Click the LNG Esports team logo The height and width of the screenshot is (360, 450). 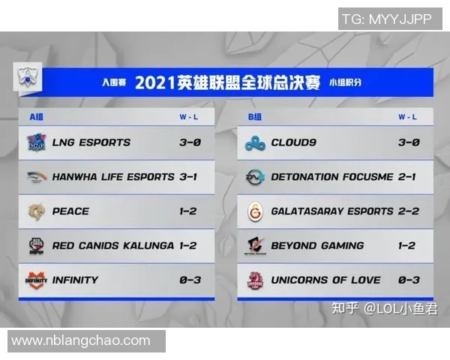tap(36, 142)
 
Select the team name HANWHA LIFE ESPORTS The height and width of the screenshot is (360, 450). tap(113, 177)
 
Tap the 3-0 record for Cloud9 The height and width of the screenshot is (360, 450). tap(407, 142)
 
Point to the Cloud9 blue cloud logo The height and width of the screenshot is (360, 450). tap(256, 142)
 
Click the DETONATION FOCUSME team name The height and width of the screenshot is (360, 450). tap(332, 177)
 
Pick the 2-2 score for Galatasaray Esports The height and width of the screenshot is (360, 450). tap(407, 211)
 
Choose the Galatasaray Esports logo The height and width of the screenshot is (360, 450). tap(256, 211)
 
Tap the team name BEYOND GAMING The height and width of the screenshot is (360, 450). tap(317, 245)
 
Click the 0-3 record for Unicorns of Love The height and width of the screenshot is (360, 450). tap(407, 280)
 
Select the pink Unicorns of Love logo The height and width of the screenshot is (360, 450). tap(256, 280)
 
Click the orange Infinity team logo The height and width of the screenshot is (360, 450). tap(36, 280)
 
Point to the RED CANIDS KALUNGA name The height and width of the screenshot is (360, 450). tap(112, 245)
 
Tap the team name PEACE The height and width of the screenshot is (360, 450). tap(70, 211)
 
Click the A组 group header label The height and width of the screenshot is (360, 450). tap(37, 117)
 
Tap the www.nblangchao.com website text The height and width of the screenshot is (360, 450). tap(80, 340)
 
